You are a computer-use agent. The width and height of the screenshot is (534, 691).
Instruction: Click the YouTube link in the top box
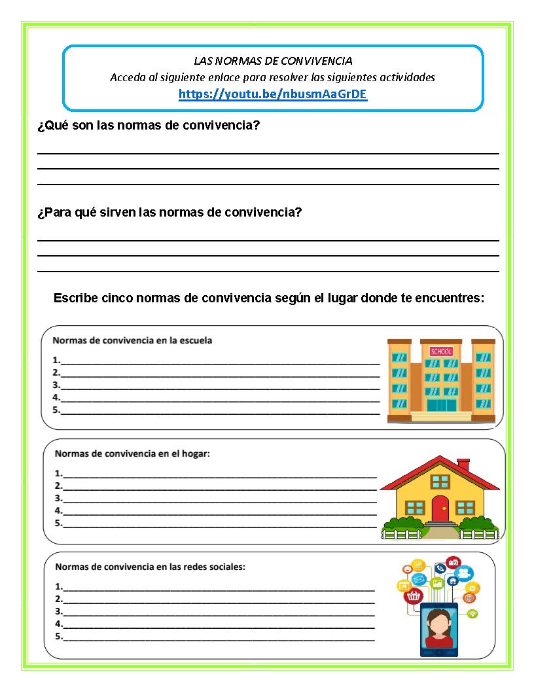click(x=273, y=94)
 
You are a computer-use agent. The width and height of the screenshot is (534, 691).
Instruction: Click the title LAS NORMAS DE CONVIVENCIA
click(x=273, y=61)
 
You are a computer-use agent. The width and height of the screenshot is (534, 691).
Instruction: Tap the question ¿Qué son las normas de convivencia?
click(x=149, y=125)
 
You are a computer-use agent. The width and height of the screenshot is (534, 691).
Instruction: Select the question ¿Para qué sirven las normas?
click(x=169, y=212)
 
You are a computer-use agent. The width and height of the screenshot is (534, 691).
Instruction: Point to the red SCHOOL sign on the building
click(x=441, y=351)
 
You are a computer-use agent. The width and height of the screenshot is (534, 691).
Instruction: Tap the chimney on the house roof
click(x=463, y=464)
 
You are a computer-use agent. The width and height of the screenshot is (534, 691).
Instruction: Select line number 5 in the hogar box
click(x=216, y=524)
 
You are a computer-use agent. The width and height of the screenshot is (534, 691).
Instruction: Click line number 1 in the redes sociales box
click(x=216, y=587)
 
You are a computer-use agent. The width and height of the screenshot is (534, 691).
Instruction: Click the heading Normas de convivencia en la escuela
click(x=132, y=340)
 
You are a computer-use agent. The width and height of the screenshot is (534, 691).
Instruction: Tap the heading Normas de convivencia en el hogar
click(x=132, y=453)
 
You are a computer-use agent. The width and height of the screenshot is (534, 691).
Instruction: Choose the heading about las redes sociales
click(x=150, y=567)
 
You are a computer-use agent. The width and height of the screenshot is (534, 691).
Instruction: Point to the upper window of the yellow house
click(x=440, y=482)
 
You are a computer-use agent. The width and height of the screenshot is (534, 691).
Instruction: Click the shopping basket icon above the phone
click(x=414, y=596)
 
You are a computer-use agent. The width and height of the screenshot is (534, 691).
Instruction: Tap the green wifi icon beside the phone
click(x=472, y=613)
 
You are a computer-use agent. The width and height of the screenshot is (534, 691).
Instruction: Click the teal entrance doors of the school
click(x=442, y=405)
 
